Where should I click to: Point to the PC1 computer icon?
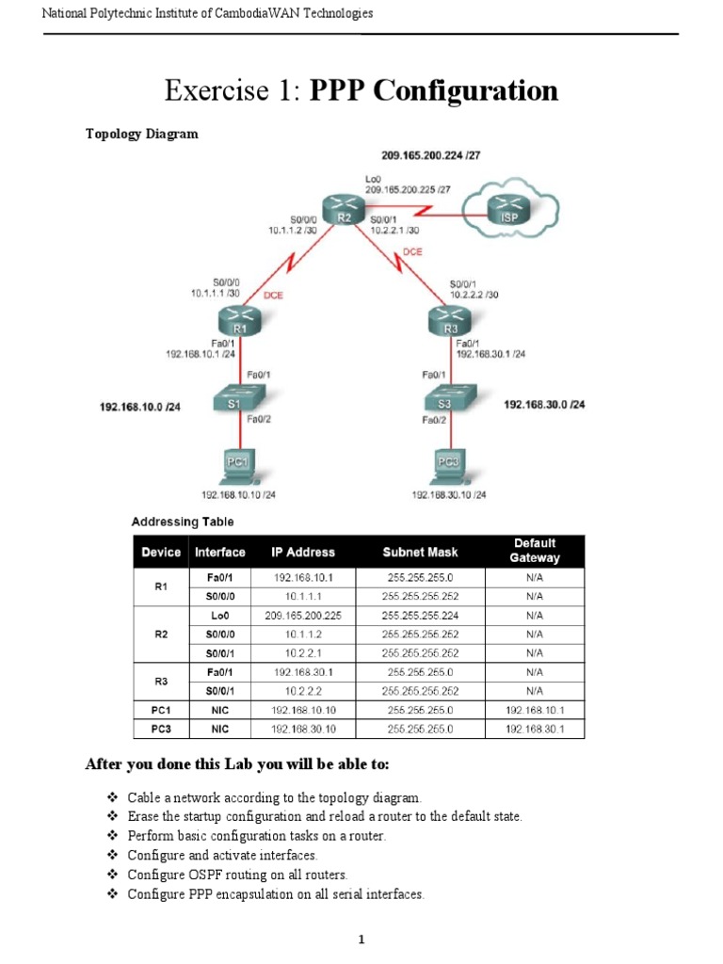[236, 462]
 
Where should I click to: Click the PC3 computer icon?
[448, 462]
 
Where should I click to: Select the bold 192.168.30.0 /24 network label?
[544, 404]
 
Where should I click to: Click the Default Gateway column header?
[534, 551]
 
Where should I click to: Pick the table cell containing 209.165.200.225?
[303, 615]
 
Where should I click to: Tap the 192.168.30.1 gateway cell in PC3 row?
[534, 729]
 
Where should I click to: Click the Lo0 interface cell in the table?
[219, 615]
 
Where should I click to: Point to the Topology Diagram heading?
[142, 134]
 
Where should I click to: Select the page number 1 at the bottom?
[361, 940]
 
